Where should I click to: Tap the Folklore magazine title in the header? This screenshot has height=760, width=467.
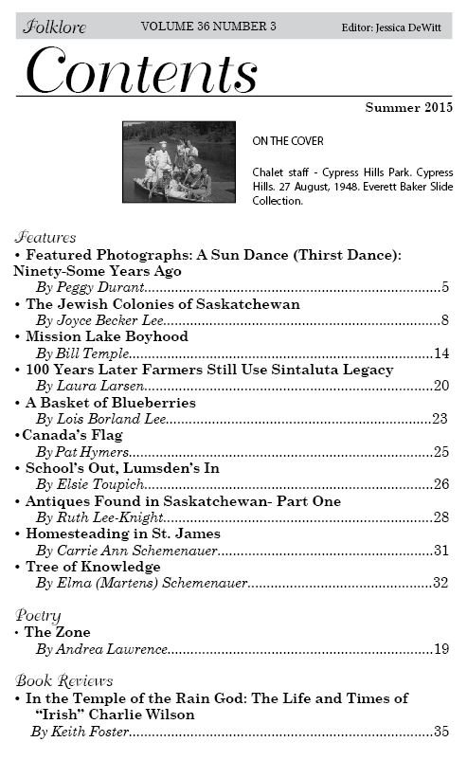pos(55,27)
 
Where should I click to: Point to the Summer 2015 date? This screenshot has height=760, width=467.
pos(408,108)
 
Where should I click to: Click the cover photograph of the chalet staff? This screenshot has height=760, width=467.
pos(179,162)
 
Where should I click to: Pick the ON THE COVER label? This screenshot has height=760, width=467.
pos(288,141)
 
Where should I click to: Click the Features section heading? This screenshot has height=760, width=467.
pos(46,238)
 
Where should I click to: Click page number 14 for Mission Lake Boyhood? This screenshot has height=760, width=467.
pos(440,353)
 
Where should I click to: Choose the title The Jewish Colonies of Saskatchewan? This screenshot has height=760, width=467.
pos(163,304)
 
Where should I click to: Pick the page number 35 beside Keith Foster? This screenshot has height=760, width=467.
pos(440,732)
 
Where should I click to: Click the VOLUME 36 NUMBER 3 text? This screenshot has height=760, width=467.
pos(208,27)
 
